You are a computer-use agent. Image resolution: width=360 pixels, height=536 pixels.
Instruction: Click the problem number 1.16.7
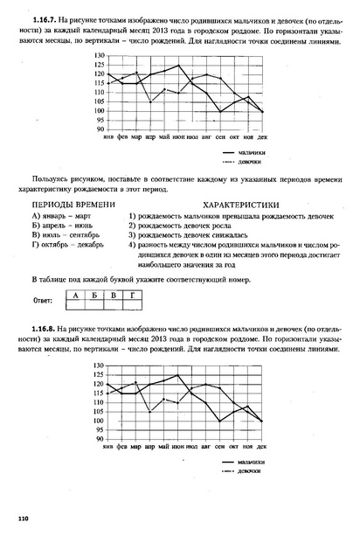44,17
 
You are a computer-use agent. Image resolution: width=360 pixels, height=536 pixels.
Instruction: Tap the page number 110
24,519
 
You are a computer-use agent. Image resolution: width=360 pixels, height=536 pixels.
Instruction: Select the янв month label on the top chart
108,138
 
